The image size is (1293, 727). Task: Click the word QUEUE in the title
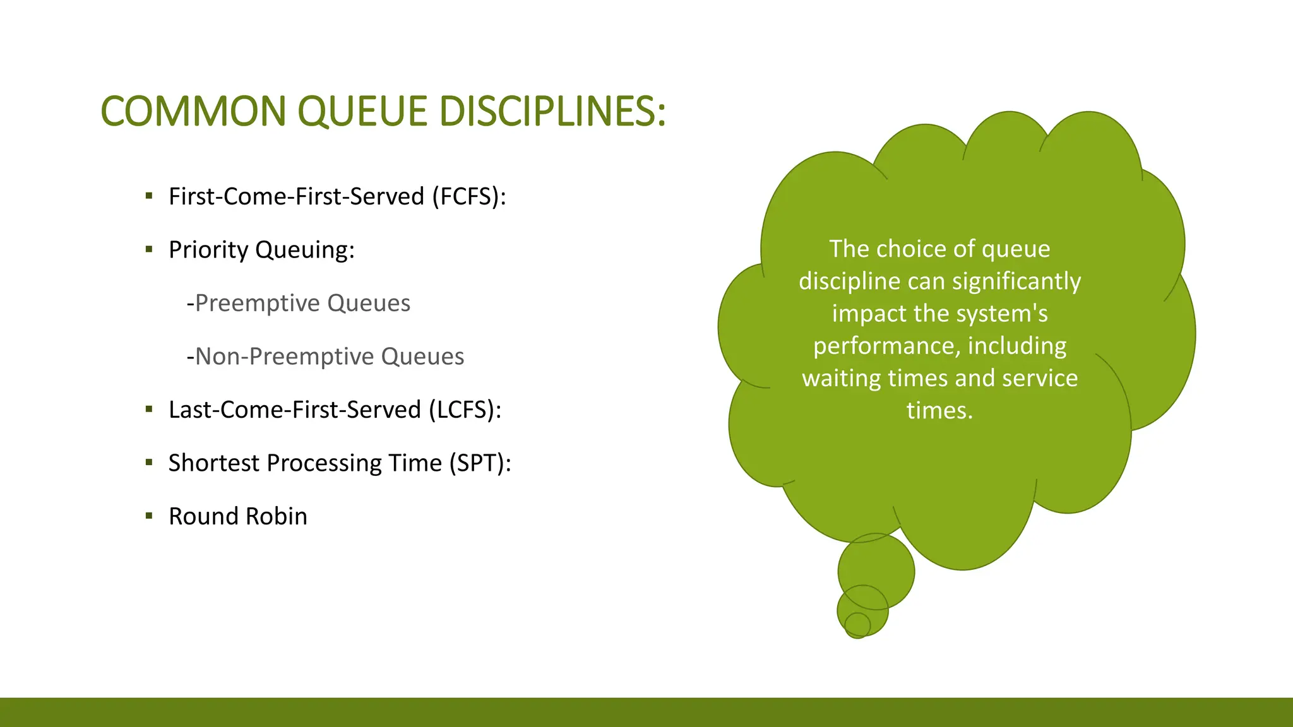(x=362, y=112)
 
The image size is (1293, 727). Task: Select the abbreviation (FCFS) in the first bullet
(x=469, y=196)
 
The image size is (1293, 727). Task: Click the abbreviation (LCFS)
(x=465, y=410)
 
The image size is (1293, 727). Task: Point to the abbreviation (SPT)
(x=480, y=463)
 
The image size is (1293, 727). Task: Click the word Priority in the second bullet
(x=208, y=250)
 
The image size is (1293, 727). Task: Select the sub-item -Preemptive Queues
(x=298, y=304)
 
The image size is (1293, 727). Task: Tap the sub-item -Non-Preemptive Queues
(x=325, y=357)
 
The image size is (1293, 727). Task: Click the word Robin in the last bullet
(x=276, y=516)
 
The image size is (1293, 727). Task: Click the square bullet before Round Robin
(x=149, y=516)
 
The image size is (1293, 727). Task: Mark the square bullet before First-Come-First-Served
(x=149, y=196)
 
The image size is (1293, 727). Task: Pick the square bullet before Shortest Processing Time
(x=149, y=463)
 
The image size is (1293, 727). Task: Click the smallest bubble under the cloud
(x=857, y=625)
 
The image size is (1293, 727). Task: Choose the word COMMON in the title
(x=194, y=112)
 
